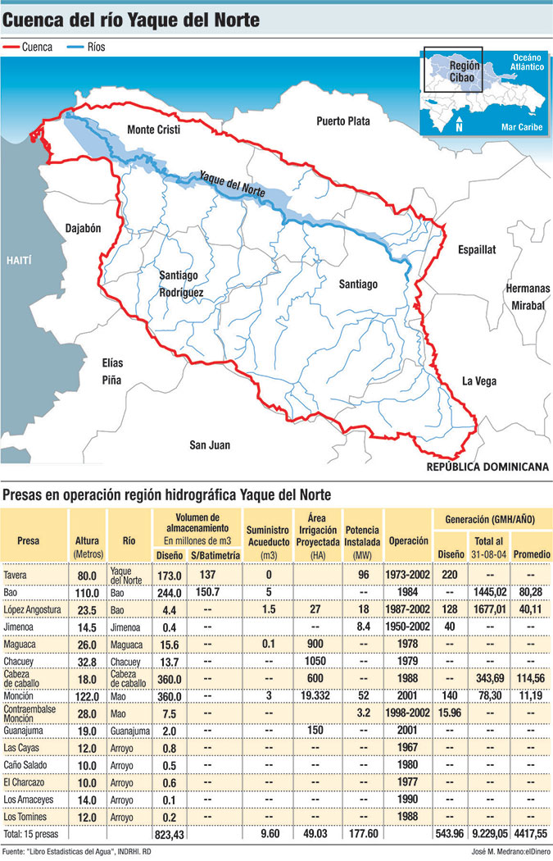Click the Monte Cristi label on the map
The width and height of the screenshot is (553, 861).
pos(152,130)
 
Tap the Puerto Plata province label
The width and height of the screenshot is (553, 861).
pos(343,121)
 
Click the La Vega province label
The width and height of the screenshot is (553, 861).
pos(479,380)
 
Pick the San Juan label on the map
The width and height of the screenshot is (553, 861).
pos(210,445)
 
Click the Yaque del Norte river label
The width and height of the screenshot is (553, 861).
pos(233,184)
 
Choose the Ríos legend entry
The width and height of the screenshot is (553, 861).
pos(86,48)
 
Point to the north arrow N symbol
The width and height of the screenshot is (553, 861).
pos(460,125)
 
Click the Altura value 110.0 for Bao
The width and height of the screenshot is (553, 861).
pos(87,591)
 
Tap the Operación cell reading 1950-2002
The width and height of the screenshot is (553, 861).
pos(408,625)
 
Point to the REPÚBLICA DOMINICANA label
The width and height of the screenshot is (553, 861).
pos(487,467)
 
